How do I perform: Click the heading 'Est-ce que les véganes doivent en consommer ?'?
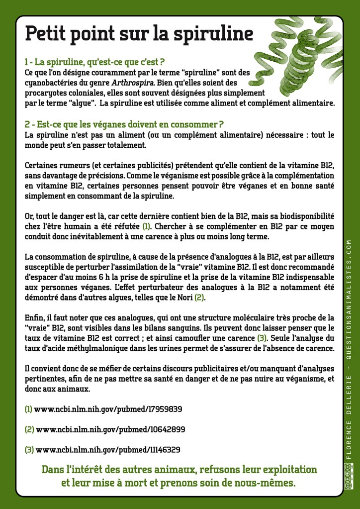[x=124, y=124]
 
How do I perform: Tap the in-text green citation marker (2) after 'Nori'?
[x=199, y=297]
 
